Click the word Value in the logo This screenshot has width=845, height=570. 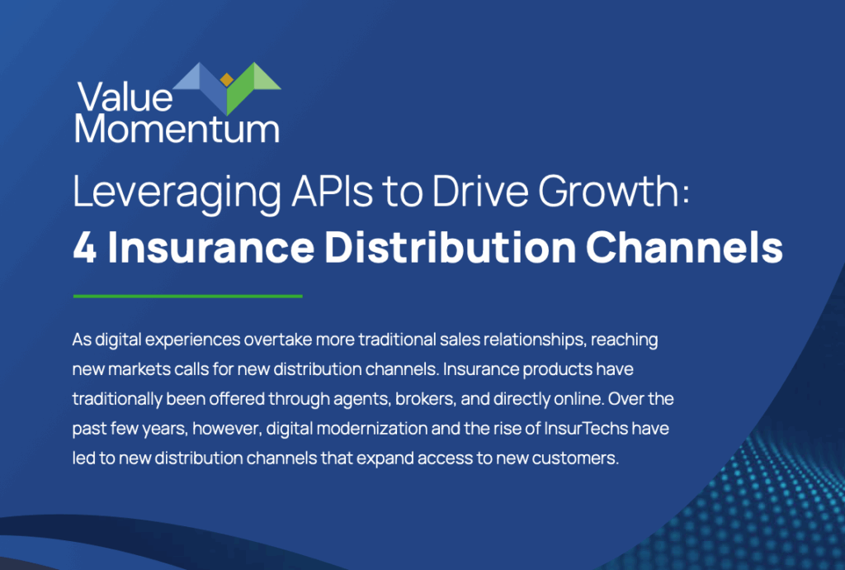tap(125, 97)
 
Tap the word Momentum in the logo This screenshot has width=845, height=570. tap(177, 129)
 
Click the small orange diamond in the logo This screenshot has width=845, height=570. tap(227, 80)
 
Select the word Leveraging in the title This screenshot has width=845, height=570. tap(177, 192)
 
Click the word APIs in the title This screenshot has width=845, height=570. tap(332, 191)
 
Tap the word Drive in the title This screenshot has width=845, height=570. tap(479, 191)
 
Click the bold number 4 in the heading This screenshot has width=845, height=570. tap(85, 248)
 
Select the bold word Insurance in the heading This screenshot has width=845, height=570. tap(210, 248)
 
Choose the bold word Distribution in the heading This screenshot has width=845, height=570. tap(451, 248)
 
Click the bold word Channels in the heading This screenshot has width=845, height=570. tap(684, 248)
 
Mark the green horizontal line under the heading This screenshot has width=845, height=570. tap(187, 296)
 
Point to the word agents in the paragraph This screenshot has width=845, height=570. tap(361, 400)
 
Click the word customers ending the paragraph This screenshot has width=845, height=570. tap(575, 458)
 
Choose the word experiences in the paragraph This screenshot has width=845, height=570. tap(192, 340)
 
